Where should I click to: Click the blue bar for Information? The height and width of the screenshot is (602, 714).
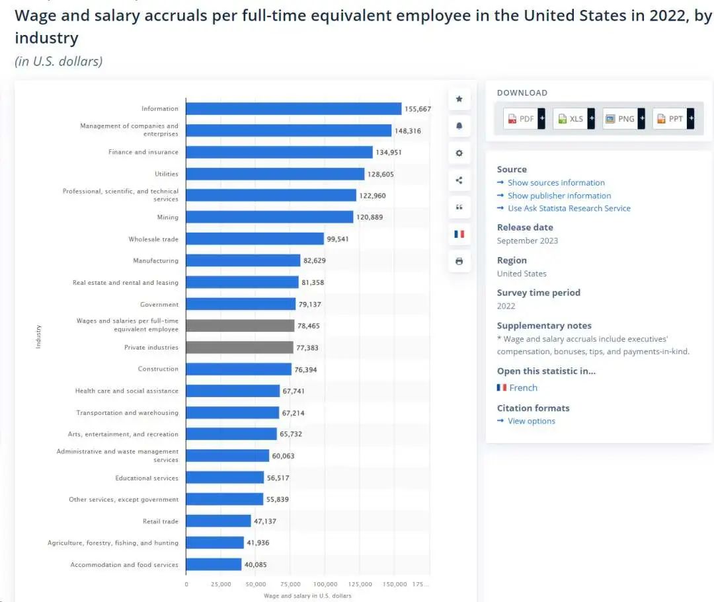[294, 109]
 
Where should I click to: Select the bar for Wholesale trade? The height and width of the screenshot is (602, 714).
[255, 239]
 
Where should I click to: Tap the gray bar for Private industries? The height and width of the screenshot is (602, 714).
[239, 348]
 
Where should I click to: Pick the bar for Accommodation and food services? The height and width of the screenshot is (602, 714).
[214, 565]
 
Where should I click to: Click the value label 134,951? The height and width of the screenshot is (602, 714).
[388, 153]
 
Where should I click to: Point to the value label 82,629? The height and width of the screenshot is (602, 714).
[315, 261]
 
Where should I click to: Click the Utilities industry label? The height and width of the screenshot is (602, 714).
[167, 174]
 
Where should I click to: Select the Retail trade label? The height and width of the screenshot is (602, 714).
[161, 521]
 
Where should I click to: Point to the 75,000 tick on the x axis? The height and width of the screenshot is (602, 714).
[290, 584]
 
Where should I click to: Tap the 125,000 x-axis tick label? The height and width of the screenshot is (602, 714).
[360, 584]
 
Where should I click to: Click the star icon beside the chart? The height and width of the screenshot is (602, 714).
[459, 99]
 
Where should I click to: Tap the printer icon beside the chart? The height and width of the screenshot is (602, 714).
[459, 261]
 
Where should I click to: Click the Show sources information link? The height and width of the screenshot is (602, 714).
[556, 183]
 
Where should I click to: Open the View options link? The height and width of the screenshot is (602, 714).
[532, 422]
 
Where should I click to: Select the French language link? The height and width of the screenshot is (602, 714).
[523, 388]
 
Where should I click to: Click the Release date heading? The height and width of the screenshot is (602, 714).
[525, 227]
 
